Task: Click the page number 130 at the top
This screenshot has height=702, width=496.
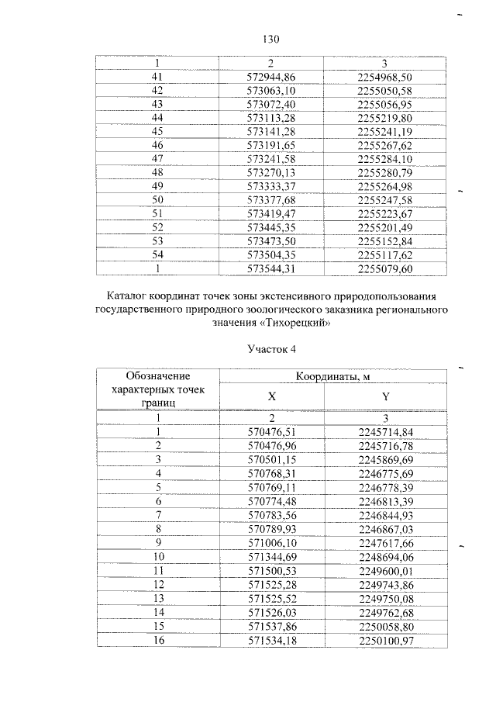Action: tap(270, 40)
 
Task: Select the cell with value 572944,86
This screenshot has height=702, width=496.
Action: tap(271, 76)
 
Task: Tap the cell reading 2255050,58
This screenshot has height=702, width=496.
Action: tap(385, 90)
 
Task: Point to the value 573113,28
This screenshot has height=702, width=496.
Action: tap(271, 117)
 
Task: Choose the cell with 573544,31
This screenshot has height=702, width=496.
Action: tap(271, 268)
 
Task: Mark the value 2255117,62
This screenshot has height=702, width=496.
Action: tap(385, 254)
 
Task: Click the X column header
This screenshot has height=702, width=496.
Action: tap(271, 396)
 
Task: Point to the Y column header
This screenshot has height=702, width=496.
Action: tap(385, 396)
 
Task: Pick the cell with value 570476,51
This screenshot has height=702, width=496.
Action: tap(271, 432)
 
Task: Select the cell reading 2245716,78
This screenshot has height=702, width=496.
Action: tap(385, 446)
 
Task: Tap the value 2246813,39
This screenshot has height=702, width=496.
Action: tap(385, 501)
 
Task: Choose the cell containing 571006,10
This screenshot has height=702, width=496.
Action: tap(271, 543)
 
